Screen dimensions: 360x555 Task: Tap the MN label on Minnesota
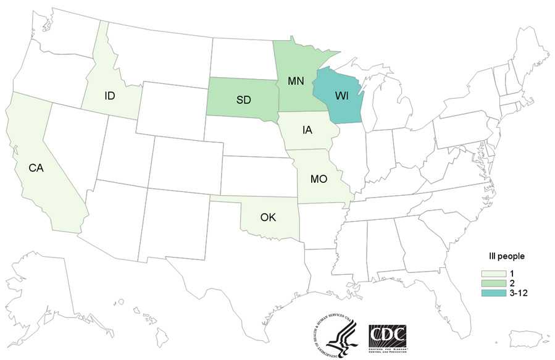(295, 80)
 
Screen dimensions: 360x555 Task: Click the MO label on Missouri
(319, 178)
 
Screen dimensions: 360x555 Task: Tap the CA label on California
(36, 167)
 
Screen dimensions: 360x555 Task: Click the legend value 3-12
(515, 292)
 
